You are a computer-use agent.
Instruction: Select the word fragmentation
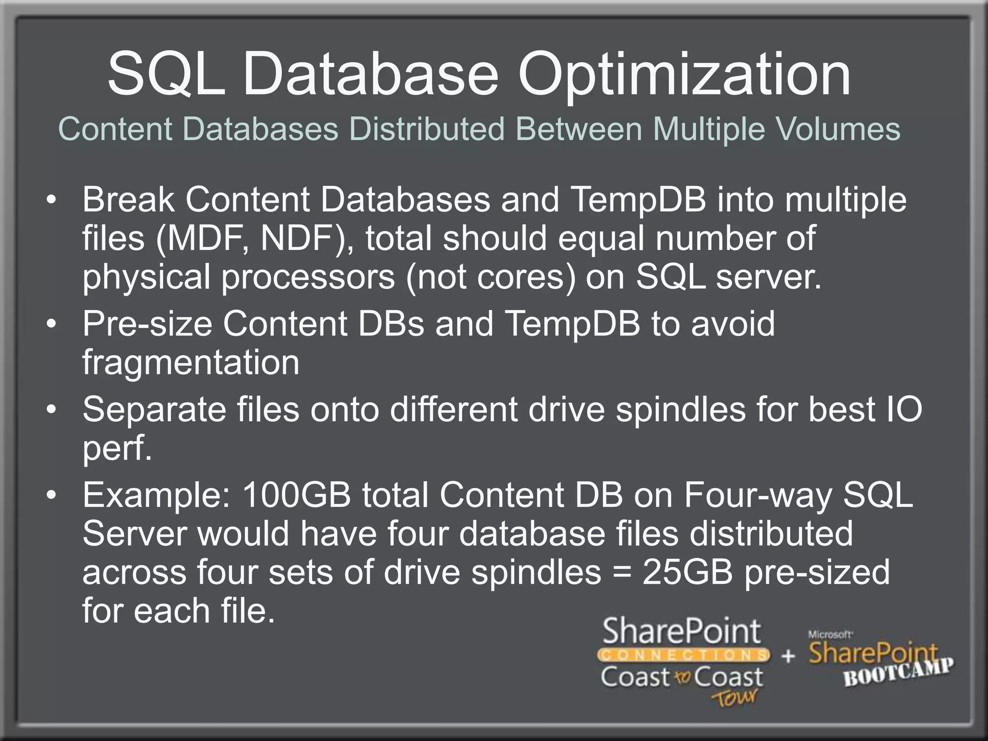coord(191,362)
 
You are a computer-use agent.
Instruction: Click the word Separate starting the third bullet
coord(154,410)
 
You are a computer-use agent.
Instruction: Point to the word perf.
coord(117,449)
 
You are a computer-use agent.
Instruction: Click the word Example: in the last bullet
coord(156,495)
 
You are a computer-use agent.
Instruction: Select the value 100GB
coord(296,495)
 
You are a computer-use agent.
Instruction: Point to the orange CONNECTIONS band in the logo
coord(683,655)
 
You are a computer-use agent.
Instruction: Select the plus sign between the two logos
coord(788,656)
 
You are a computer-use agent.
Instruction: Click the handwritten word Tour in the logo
coord(734,698)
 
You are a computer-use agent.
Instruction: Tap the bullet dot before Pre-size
coord(52,324)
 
